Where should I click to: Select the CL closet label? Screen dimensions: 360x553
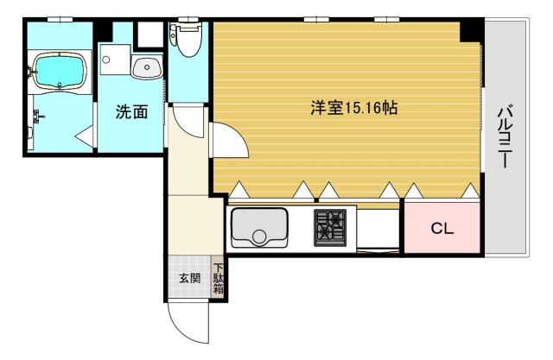(x=442, y=229)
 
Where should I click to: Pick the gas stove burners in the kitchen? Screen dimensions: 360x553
(x=329, y=226)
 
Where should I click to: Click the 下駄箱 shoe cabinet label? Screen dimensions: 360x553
(x=219, y=279)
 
